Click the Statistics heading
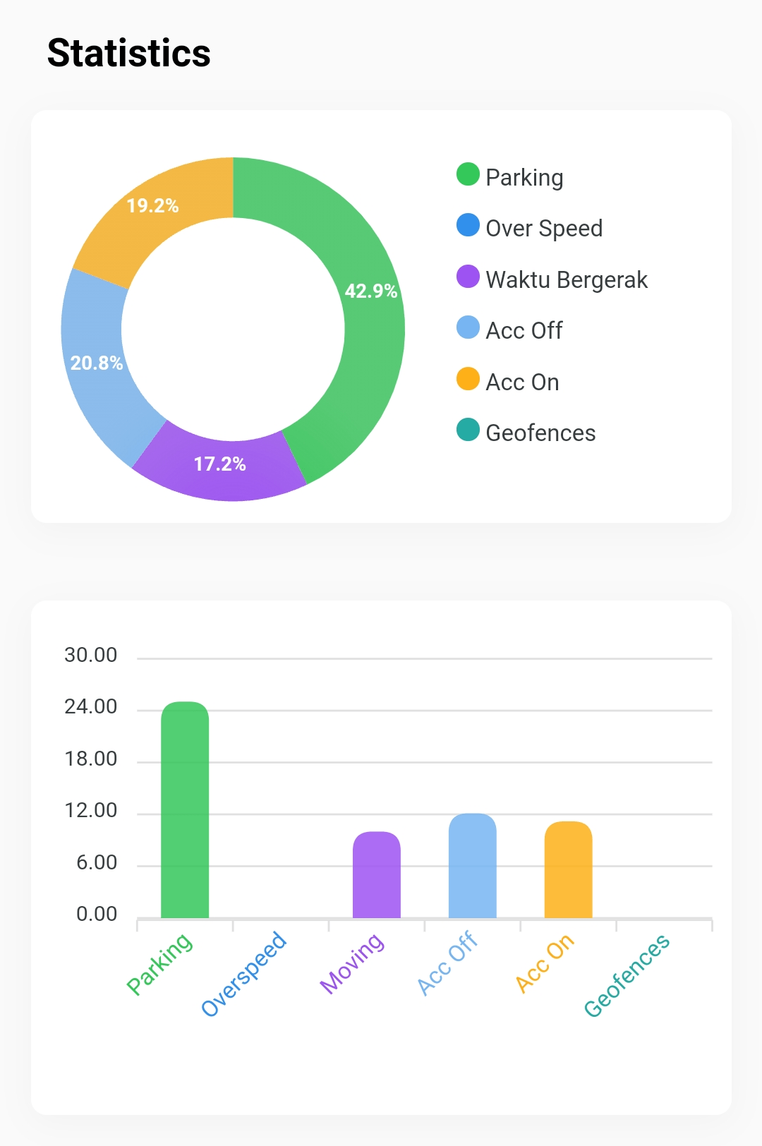(129, 54)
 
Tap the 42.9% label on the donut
(370, 291)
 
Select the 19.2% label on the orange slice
(152, 205)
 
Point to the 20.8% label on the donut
(97, 363)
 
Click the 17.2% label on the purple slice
(219, 464)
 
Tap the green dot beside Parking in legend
(468, 174)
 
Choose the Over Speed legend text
(544, 228)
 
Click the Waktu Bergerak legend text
(567, 279)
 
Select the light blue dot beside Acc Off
(468, 327)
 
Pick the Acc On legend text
(522, 382)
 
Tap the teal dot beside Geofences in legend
(468, 430)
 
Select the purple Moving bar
(377, 875)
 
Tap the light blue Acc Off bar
(473, 866)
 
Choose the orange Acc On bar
(569, 870)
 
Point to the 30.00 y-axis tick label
(91, 655)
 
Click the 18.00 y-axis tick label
(91, 759)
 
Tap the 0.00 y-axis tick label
(97, 914)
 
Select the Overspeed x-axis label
(244, 973)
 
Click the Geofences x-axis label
(627, 975)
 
